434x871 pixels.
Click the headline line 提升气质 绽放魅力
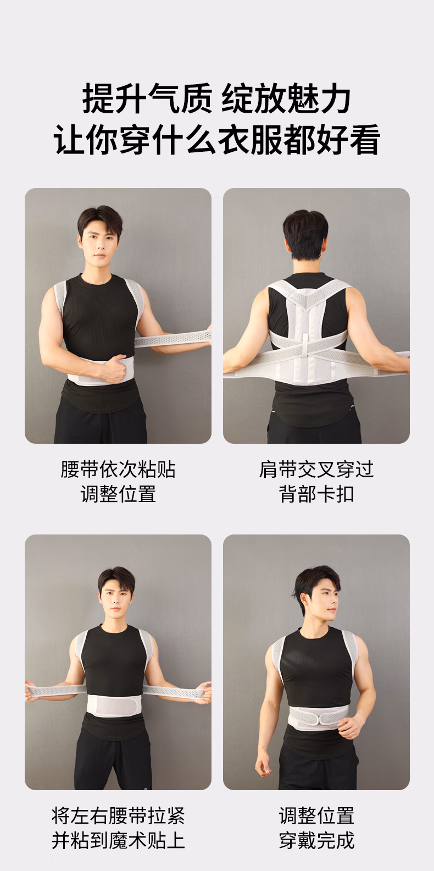pos(216,99)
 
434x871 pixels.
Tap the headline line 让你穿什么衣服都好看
pos(216,140)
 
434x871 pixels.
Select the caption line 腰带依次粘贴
pos(118,470)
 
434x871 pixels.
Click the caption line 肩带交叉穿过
pos(316,470)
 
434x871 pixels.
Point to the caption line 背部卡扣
pos(316,494)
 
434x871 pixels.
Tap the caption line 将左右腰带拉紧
pos(118,815)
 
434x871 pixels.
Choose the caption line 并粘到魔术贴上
pos(118,840)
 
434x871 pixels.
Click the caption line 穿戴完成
pos(316,840)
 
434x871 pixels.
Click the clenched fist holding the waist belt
pos(114,368)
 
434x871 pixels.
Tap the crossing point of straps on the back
pos(307,349)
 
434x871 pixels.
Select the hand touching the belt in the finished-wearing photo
pos(350,726)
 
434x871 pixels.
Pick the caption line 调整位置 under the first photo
pos(118,494)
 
